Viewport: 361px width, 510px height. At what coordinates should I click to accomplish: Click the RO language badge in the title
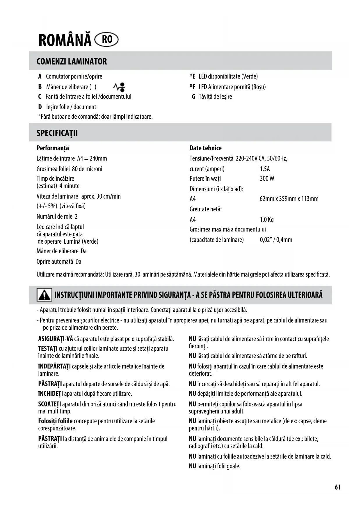coord(107,40)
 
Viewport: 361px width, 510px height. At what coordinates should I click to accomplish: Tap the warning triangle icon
coord(44,295)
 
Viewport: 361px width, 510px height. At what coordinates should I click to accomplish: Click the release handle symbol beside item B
coord(119,87)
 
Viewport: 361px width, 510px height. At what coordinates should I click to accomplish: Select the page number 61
coord(337,487)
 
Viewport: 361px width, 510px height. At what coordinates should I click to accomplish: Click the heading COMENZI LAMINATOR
coord(72,61)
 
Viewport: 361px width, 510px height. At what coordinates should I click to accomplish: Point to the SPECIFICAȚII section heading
coord(57,133)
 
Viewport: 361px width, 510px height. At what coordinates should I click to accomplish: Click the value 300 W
coord(267,179)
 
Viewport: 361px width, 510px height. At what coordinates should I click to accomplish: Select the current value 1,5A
coord(265,169)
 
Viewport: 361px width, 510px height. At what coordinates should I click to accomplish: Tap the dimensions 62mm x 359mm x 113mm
coord(289,199)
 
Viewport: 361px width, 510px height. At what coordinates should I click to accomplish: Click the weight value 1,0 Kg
coord(266,220)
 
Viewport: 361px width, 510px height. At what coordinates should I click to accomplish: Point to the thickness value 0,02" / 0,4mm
coord(276,240)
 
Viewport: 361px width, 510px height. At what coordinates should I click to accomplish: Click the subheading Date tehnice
coord(205,148)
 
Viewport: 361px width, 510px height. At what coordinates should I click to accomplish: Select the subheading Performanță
coord(53,148)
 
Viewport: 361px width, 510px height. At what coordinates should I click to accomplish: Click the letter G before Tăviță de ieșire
coord(193,97)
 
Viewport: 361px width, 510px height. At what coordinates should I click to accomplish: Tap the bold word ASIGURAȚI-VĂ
coord(56,339)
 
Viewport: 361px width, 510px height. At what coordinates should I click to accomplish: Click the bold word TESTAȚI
coord(48,348)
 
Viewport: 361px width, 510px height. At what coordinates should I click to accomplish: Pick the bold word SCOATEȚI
coord(49,404)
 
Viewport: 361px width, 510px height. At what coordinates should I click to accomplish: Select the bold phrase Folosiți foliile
coord(55,421)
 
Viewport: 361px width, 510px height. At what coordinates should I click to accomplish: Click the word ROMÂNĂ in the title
coord(65,40)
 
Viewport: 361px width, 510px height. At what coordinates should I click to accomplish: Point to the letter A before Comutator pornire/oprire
coord(40,76)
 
